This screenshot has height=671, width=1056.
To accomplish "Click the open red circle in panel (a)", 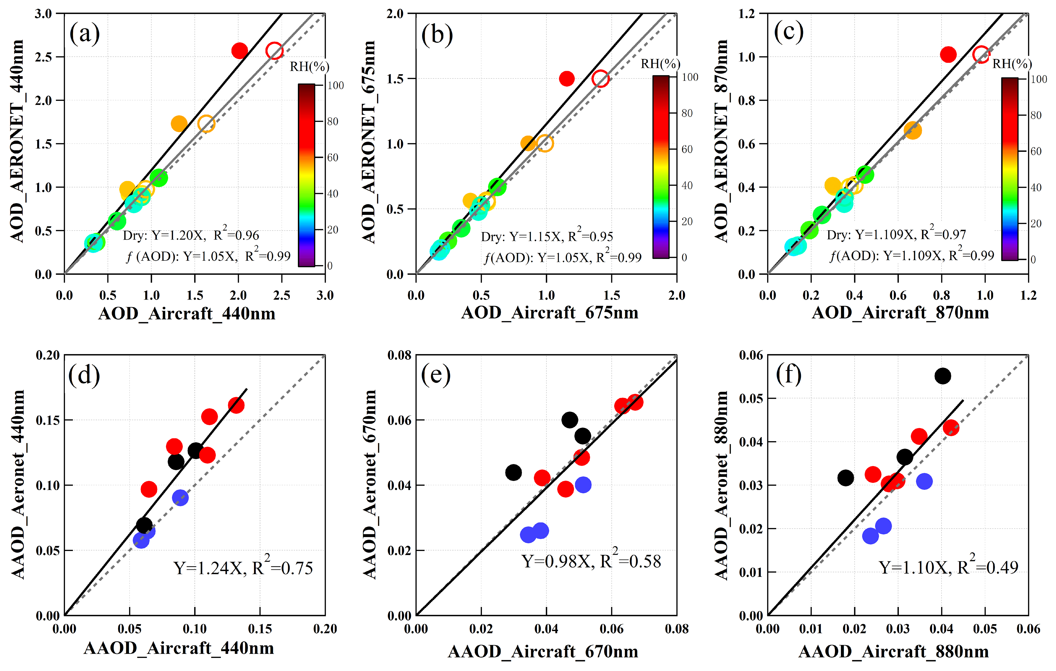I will point(274,51).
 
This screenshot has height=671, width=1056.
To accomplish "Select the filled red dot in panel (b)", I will point(567,79).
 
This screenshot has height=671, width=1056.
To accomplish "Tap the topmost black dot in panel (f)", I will point(943,376).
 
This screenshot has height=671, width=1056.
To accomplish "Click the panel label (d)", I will point(84,376).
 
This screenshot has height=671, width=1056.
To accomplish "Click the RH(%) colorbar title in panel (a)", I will point(309,66).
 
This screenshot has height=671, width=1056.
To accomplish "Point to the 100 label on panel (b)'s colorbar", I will point(690,77).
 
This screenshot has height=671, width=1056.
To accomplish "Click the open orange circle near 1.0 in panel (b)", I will point(545,143).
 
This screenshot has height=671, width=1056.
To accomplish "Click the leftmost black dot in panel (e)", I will point(513,473).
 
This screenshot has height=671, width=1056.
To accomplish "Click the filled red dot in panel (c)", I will point(948,55).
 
